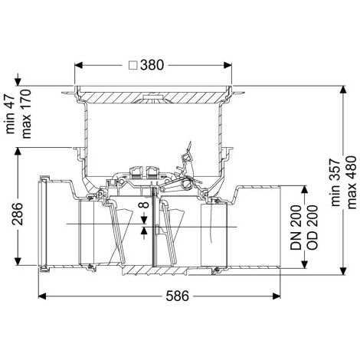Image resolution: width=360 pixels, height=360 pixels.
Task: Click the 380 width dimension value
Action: click(152, 65)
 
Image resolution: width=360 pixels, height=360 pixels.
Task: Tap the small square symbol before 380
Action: click(133, 66)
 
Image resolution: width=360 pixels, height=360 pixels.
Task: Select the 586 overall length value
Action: click(178, 296)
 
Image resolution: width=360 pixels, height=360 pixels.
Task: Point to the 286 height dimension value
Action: click(18, 214)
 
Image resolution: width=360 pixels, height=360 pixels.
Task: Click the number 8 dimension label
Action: click(144, 205)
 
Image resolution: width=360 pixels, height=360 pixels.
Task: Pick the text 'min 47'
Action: click(11, 114)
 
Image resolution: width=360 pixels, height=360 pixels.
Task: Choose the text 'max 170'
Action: click(26, 114)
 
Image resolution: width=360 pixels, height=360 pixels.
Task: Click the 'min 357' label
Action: click(335, 183)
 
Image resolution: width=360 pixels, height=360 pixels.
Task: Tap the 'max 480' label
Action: click(351, 182)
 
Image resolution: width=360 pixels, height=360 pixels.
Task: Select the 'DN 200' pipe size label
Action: click(296, 227)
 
